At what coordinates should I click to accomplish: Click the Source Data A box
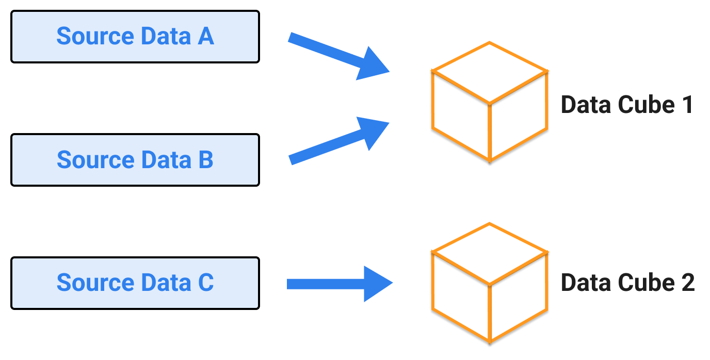[x=135, y=37]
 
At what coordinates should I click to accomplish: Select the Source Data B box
[x=135, y=160]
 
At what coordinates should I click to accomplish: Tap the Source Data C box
[x=135, y=283]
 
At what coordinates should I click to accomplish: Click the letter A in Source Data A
[x=205, y=37]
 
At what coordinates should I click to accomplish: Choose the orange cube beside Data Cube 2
[x=489, y=283]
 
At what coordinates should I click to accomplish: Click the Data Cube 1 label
[x=626, y=105]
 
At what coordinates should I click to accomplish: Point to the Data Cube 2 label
[x=627, y=283]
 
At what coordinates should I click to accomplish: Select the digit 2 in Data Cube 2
[x=687, y=283]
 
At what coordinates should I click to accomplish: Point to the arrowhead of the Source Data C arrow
[x=377, y=284]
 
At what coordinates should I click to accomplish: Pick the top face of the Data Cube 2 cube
[x=489, y=253]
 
